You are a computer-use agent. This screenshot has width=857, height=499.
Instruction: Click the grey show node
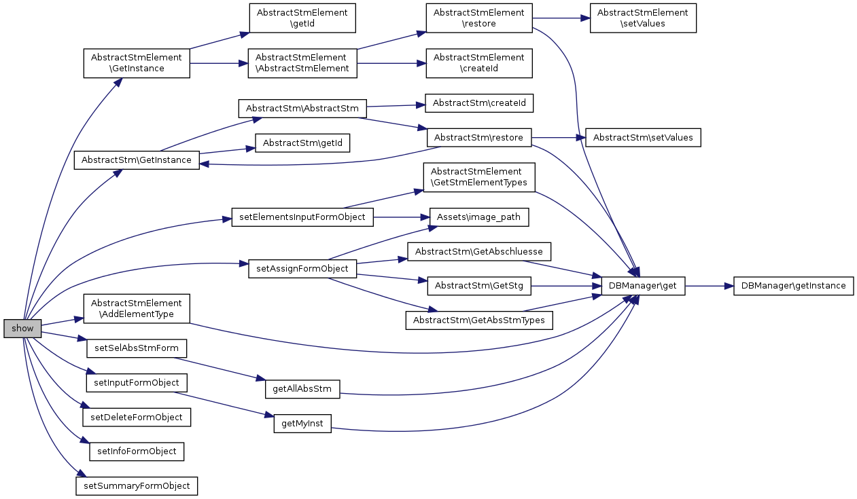tap(22, 329)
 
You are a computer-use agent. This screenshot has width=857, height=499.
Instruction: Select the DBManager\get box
tap(643, 286)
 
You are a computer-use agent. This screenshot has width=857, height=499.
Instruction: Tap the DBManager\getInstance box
tap(793, 286)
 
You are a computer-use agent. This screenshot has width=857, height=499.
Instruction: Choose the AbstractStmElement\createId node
tap(478, 63)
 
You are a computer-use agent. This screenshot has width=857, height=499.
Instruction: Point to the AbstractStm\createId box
tap(479, 103)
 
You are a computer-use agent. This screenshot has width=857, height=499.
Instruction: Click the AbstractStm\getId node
tap(302, 143)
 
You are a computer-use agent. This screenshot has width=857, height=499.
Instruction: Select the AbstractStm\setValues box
tap(643, 138)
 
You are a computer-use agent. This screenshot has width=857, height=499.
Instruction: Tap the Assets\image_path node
tap(478, 217)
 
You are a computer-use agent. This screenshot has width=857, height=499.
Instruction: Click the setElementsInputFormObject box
tap(302, 217)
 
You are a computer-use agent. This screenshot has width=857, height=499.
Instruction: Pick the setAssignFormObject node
tap(302, 268)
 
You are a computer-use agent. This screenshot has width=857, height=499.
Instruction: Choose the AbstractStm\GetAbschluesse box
tap(478, 251)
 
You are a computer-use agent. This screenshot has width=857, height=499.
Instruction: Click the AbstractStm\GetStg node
tap(478, 286)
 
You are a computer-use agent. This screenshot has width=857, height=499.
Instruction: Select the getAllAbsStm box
tap(302, 389)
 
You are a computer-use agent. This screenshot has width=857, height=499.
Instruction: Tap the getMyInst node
tap(302, 424)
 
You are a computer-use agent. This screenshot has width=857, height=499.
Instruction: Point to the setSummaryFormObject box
tap(136, 486)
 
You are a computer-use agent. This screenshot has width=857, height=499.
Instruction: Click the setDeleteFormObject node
tap(136, 417)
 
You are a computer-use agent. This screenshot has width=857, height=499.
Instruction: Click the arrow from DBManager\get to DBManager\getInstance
tap(709, 286)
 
